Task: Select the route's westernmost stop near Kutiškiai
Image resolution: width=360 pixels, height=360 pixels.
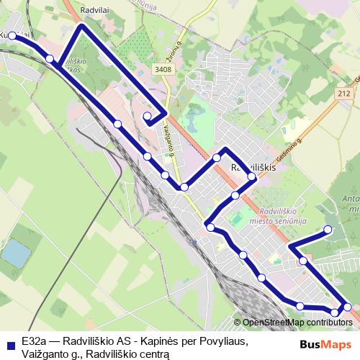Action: point(12,35)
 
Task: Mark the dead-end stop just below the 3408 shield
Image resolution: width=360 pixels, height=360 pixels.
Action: point(148,115)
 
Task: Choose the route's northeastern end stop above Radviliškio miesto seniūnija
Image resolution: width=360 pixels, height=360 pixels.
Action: point(328,230)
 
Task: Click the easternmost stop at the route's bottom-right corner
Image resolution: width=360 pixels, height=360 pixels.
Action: point(348,307)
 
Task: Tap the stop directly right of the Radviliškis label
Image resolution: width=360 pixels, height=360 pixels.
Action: point(252,176)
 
